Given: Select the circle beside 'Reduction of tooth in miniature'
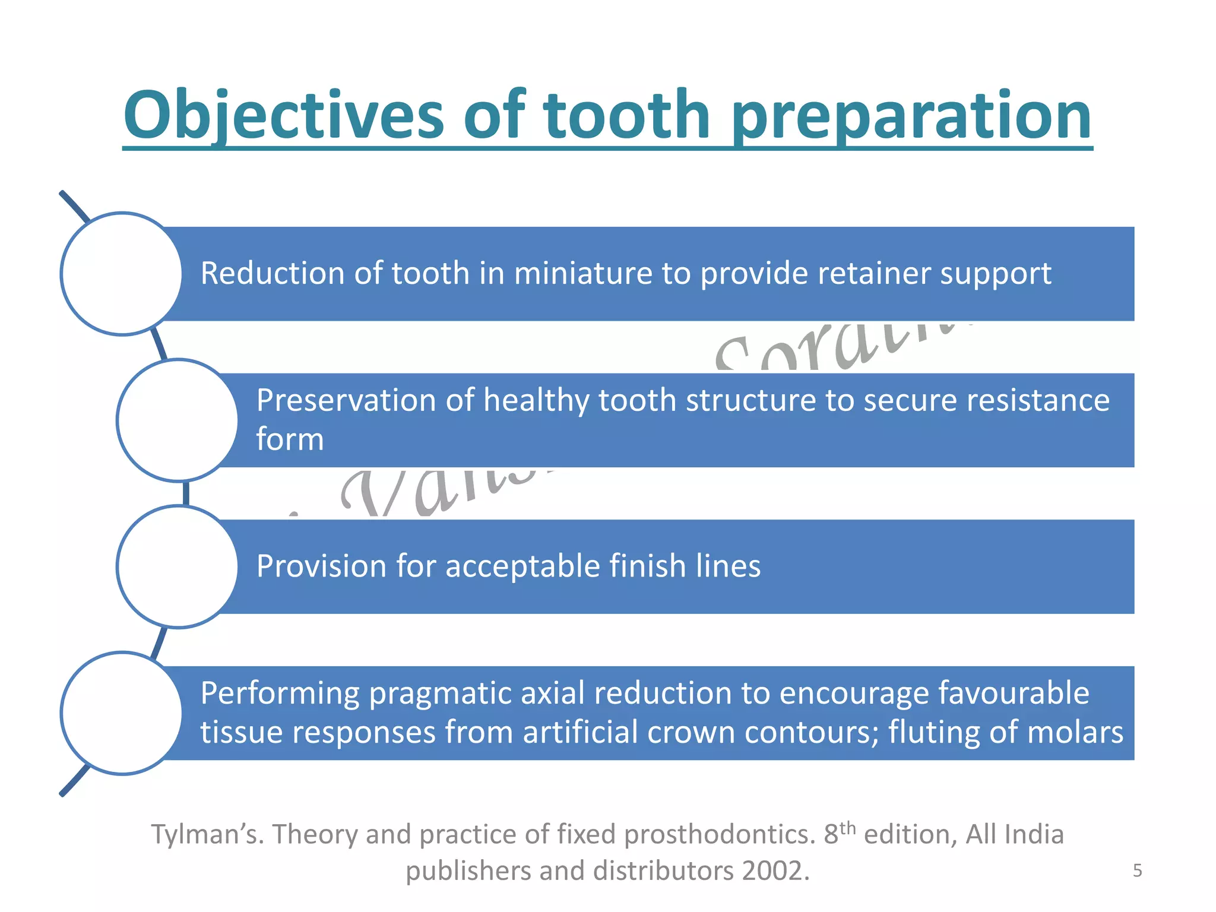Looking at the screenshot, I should [x=122, y=274].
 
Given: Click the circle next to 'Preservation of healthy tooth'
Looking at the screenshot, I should [x=178, y=420].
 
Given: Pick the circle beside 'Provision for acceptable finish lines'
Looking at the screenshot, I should [x=178, y=566].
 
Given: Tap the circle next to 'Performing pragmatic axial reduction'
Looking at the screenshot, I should [x=122, y=713].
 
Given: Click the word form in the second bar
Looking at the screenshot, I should [x=290, y=440].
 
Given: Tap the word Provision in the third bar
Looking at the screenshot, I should [x=321, y=566].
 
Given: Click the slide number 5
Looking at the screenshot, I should [x=1137, y=870].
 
